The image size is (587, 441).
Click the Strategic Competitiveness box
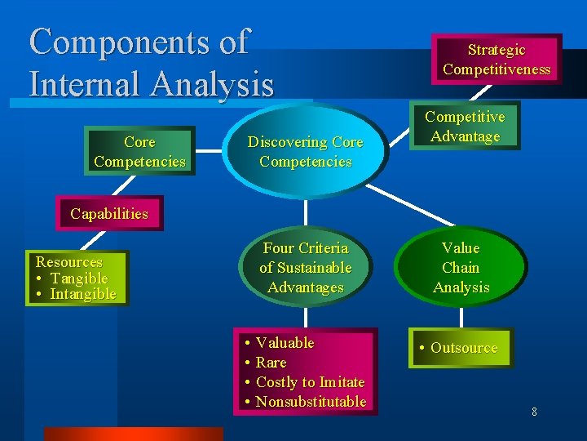click(x=497, y=60)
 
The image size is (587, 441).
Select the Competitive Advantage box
click(x=465, y=127)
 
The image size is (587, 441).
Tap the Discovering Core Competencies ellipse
click(x=306, y=152)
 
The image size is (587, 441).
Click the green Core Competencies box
click(x=139, y=152)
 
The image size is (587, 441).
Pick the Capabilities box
click(x=109, y=214)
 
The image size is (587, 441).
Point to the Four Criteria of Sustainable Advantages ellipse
click(x=306, y=268)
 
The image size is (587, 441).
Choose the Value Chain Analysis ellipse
click(x=461, y=268)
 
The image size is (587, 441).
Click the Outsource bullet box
click(x=461, y=348)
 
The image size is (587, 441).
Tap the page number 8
click(x=534, y=412)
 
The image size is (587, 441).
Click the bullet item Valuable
click(x=285, y=343)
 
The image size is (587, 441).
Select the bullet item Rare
click(x=271, y=363)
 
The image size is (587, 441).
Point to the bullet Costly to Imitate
click(x=310, y=382)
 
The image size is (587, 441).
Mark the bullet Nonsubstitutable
click(x=311, y=402)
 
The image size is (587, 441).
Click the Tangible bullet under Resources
click(x=79, y=278)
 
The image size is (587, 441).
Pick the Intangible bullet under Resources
click(x=83, y=294)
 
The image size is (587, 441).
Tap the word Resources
click(x=69, y=262)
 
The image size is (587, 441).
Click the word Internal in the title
click(x=90, y=83)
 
